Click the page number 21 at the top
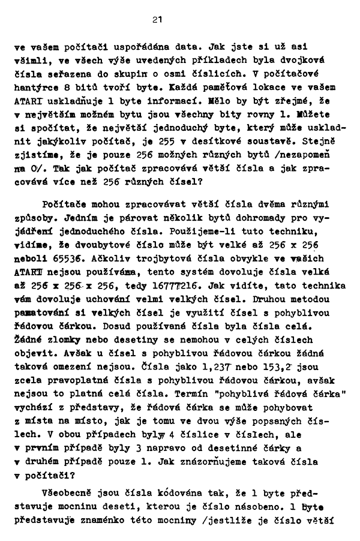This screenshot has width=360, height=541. pos(157,20)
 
